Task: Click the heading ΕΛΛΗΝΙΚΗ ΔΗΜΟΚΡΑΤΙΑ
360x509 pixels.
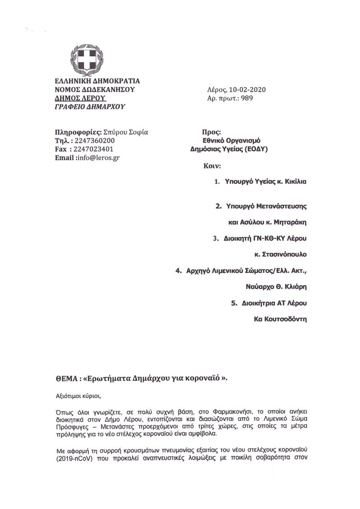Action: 97,81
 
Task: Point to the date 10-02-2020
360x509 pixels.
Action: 248,90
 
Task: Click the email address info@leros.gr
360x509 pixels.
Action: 98,158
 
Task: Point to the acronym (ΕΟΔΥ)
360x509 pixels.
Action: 255,149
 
